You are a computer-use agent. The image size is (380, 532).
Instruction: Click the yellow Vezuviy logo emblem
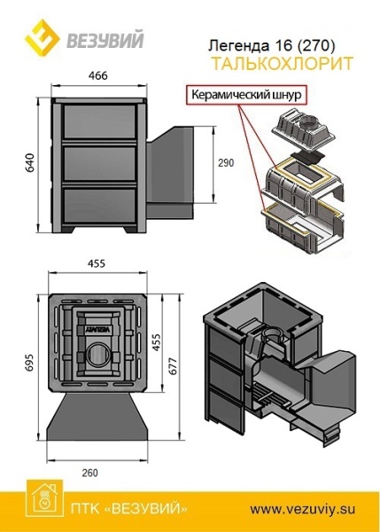click(43, 37)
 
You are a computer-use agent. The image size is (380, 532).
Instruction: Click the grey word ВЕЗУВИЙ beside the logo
click(105, 40)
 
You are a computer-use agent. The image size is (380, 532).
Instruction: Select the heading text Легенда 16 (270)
click(271, 45)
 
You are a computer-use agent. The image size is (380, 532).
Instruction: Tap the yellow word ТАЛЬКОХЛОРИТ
click(282, 64)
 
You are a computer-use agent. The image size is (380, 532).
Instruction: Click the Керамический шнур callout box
click(246, 94)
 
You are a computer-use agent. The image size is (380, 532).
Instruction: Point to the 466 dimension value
click(98, 75)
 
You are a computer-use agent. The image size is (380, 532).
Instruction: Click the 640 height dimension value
click(30, 163)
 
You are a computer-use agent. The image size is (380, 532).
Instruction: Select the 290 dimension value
click(226, 163)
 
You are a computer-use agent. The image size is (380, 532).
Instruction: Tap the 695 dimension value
click(30, 363)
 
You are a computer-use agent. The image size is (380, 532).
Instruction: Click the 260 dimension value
click(89, 473)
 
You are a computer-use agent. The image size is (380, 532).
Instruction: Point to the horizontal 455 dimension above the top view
click(97, 263)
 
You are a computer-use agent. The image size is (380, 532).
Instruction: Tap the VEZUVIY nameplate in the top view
click(98, 329)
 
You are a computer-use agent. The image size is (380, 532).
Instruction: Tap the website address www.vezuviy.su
click(303, 509)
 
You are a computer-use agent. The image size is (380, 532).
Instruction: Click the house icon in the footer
click(45, 497)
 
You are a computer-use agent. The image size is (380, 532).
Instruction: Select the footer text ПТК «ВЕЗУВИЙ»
click(128, 509)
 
